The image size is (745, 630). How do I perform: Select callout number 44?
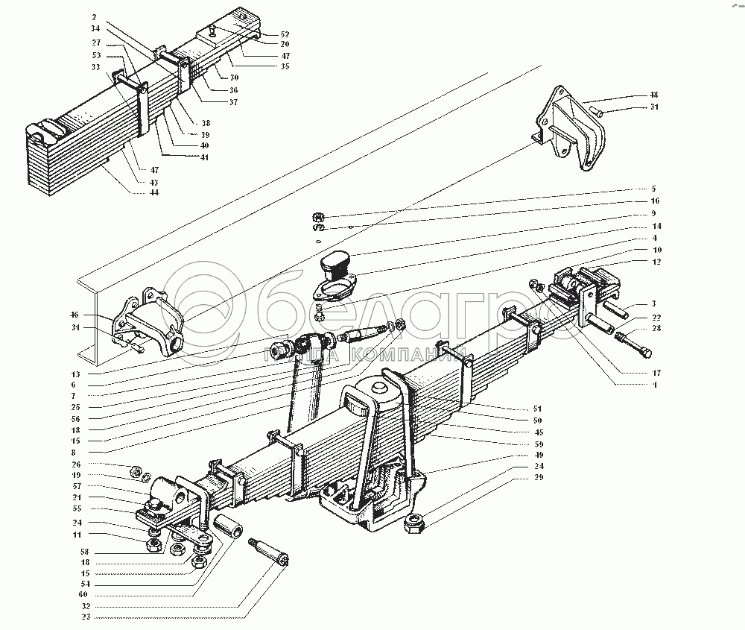pyautogui.click(x=154, y=192)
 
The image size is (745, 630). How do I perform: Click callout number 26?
pyautogui.click(x=96, y=464)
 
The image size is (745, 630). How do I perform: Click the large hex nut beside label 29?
pyautogui.click(x=414, y=525)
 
